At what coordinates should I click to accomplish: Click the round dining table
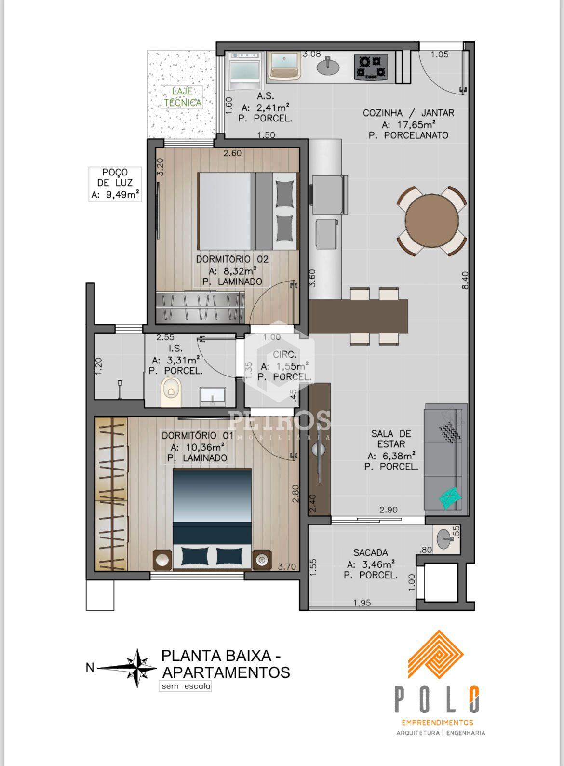431,221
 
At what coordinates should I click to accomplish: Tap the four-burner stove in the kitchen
371,67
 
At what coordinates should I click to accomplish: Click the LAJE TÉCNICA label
182,97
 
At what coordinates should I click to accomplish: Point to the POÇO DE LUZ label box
115,184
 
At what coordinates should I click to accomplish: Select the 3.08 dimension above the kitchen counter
311,54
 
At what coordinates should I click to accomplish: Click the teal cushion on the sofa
450,497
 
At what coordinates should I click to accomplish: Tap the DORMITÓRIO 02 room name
232,259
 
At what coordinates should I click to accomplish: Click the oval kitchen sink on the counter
328,67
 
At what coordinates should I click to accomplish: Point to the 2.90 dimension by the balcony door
389,510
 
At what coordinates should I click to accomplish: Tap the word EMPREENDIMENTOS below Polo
437,729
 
